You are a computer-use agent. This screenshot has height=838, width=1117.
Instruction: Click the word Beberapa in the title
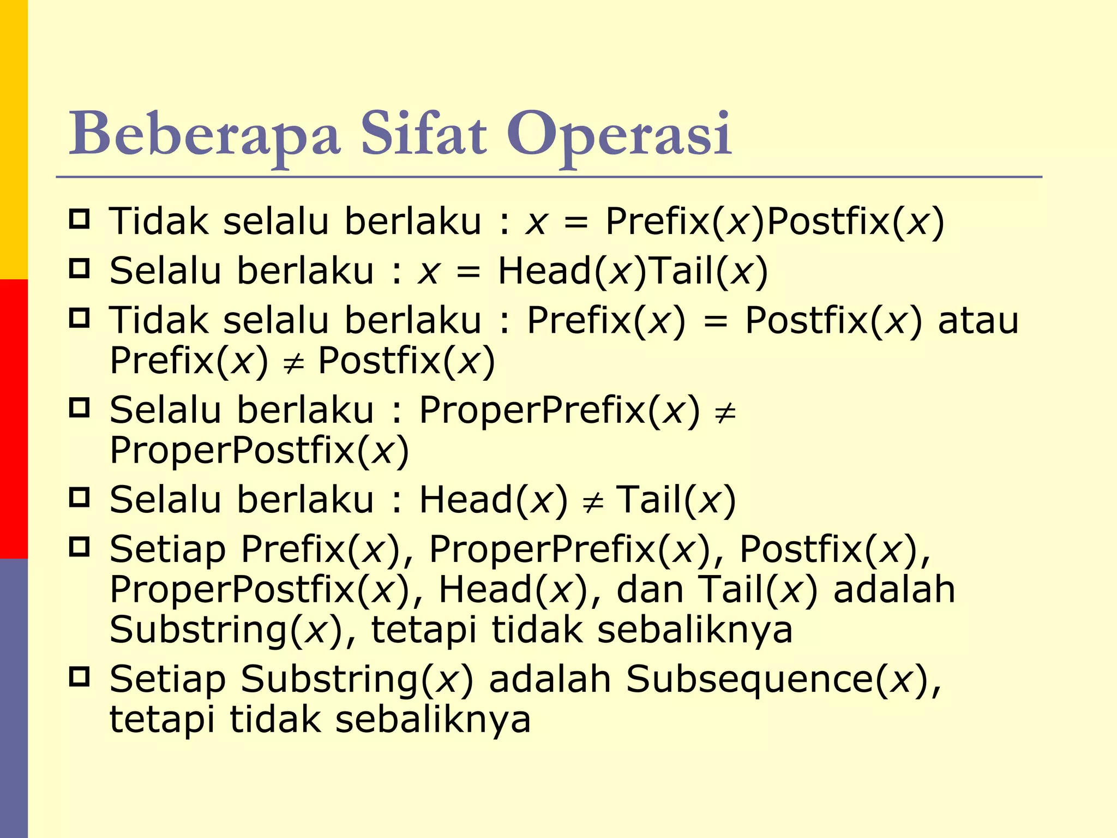click(x=205, y=134)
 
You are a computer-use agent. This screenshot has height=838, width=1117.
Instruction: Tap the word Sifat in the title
click(x=423, y=134)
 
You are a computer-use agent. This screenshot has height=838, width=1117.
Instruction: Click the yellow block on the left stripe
click(x=14, y=139)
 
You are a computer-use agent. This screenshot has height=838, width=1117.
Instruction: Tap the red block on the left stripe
click(x=14, y=418)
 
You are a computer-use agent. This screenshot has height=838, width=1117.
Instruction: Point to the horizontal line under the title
click(x=549, y=177)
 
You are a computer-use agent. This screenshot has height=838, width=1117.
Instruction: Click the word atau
click(x=978, y=320)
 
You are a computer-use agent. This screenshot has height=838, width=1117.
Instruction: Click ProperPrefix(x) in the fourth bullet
click(x=559, y=410)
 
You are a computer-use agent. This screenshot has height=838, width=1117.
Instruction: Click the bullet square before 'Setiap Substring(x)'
click(x=80, y=677)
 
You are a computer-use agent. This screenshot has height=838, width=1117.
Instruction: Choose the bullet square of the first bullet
click(x=80, y=219)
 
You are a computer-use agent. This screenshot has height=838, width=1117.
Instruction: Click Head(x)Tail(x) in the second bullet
click(x=633, y=271)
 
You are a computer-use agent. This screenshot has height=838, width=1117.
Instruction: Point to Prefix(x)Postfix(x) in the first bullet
click(x=774, y=222)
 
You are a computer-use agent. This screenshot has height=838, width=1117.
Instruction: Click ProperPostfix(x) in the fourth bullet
click(x=259, y=451)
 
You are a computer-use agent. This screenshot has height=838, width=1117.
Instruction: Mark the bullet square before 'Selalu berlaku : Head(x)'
click(x=80, y=497)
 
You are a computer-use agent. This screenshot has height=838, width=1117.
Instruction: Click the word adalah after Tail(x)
click(x=894, y=590)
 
